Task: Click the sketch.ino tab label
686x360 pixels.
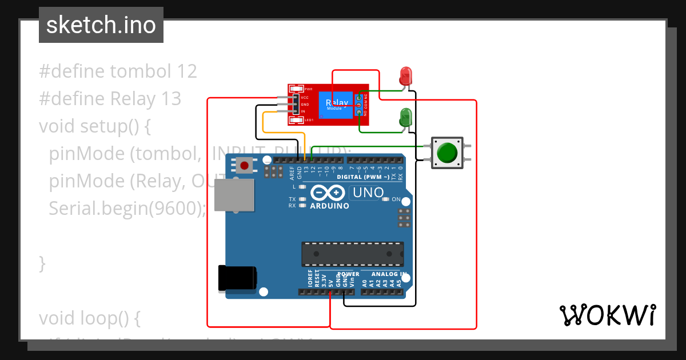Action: tap(101, 25)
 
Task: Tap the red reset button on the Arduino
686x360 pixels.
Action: tap(245, 166)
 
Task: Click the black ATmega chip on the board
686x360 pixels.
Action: tap(352, 254)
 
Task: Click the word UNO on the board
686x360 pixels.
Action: tap(368, 193)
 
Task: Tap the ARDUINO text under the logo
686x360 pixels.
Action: tap(329, 206)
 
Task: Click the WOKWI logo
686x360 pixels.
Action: tap(607, 315)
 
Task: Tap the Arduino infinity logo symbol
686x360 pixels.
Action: tap(329, 193)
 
